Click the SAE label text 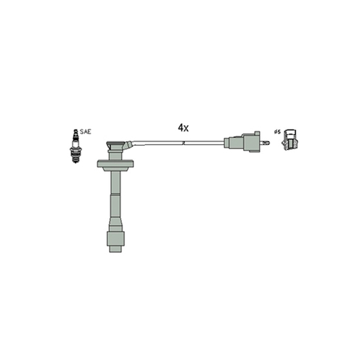(x=85, y=132)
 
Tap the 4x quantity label (x=183, y=128)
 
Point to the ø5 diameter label (x=277, y=132)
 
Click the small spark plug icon (x=76, y=146)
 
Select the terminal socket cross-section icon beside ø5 (x=290, y=139)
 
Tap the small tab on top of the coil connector (x=257, y=133)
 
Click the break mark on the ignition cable (x=184, y=143)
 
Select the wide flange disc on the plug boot (x=116, y=163)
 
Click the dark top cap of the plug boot (x=116, y=143)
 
